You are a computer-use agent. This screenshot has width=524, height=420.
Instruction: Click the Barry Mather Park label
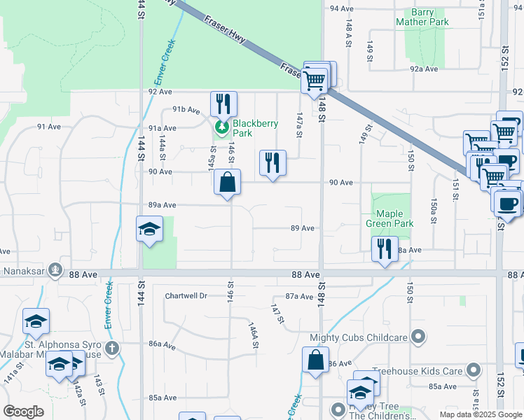click(x=422, y=17)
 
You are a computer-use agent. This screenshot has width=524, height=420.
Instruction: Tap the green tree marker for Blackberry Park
click(x=222, y=127)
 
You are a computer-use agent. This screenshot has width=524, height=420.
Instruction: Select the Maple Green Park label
click(x=394, y=218)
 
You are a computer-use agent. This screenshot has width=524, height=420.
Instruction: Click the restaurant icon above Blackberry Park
click(x=223, y=104)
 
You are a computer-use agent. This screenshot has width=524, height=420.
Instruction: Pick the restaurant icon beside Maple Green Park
click(x=384, y=249)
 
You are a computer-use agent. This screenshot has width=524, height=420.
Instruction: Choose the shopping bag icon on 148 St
click(x=315, y=360)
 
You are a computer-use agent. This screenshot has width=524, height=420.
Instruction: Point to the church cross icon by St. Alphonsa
click(x=111, y=348)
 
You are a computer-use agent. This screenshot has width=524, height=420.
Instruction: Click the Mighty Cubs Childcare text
click(x=359, y=337)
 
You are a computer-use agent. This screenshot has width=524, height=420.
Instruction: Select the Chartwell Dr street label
click(x=186, y=296)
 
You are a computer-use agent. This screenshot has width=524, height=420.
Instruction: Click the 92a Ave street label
click(x=424, y=69)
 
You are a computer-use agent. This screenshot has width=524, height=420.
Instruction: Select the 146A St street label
click(x=253, y=334)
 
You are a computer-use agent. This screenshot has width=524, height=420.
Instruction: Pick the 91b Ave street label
click(x=186, y=110)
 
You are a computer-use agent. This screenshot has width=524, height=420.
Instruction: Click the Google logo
click(x=24, y=412)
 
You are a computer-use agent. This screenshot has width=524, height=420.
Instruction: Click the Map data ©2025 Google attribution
click(x=481, y=414)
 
